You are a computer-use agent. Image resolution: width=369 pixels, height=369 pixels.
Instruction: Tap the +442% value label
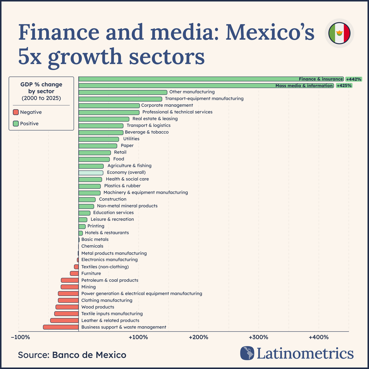(354, 79)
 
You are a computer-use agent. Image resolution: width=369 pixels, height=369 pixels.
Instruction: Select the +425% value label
(344, 86)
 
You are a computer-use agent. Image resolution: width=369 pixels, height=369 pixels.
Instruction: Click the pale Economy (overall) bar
(91, 173)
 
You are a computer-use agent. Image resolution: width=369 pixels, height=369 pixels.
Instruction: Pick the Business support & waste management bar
(61, 327)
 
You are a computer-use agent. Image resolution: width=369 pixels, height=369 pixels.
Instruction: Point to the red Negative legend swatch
(16, 112)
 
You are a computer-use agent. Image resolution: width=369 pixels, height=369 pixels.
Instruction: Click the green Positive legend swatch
(16, 124)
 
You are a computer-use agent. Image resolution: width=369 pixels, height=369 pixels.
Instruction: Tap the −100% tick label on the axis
(20, 337)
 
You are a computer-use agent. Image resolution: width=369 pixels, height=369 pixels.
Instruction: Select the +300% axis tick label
(258, 337)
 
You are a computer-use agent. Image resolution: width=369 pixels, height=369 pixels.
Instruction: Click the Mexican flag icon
(339, 33)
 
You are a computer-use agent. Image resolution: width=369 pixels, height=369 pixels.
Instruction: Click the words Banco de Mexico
(89, 355)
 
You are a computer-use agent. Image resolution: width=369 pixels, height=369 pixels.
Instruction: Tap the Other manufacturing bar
(123, 92)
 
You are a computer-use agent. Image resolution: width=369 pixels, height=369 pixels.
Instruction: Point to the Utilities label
(131, 139)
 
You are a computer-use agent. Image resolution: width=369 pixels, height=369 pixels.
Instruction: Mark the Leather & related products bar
(65, 320)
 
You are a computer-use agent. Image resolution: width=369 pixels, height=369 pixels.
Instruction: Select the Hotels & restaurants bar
(81, 233)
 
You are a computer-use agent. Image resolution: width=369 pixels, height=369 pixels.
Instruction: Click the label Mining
(89, 287)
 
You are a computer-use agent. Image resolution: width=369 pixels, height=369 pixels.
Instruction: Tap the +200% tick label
(198, 337)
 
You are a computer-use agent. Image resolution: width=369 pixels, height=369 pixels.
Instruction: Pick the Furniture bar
(74, 274)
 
